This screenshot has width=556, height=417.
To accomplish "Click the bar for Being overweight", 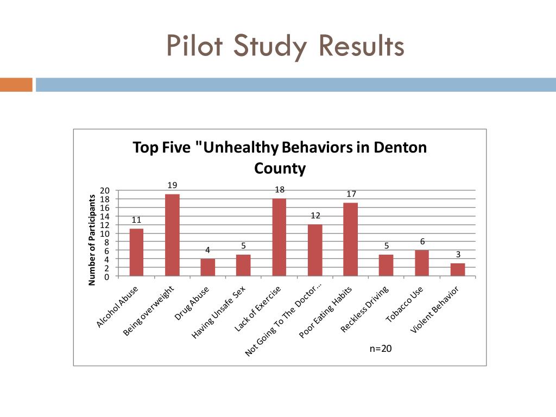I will tap(172, 235).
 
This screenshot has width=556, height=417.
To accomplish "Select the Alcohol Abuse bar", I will tap(136, 252).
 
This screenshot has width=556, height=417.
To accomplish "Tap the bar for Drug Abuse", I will tap(208, 268).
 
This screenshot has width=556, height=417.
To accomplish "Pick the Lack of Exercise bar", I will tap(279, 237).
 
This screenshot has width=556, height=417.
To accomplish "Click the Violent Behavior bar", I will tap(458, 270).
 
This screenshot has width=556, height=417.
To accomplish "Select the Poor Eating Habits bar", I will tap(351, 239).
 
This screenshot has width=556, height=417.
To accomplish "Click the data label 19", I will tap(172, 185).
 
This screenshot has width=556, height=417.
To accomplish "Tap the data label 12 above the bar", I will tap(315, 216).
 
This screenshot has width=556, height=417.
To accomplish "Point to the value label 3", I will tap(458, 254).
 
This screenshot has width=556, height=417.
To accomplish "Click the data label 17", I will tap(351, 194).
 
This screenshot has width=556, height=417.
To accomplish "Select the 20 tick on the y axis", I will tap(105, 191).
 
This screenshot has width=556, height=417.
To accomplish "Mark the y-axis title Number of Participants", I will tap(92, 239).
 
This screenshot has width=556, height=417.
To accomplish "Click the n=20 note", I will tap(380, 349).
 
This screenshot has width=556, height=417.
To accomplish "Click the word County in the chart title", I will tap(280, 168).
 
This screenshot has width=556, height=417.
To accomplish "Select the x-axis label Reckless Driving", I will tap(365, 310).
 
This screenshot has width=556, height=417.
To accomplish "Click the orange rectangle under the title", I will tap(16, 85).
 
